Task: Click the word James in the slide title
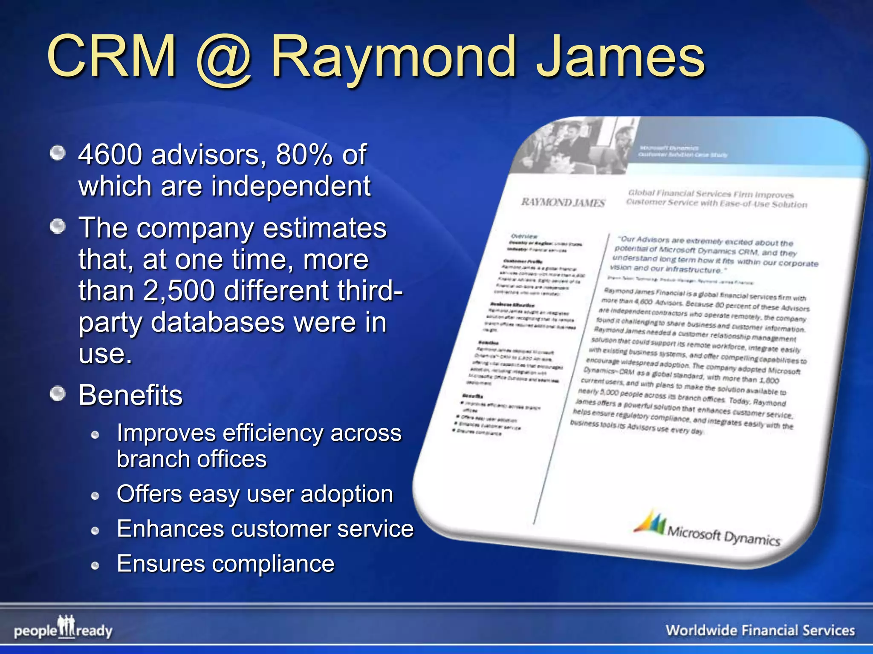click(x=620, y=57)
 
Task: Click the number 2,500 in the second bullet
click(x=179, y=290)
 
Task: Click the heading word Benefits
click(x=130, y=395)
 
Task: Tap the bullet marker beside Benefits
click(x=58, y=394)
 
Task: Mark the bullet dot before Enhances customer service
click(x=95, y=531)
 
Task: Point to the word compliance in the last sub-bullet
click(x=273, y=564)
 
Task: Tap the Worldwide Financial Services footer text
click(x=760, y=630)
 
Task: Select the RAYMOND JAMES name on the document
click(x=563, y=202)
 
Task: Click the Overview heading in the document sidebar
click(x=524, y=236)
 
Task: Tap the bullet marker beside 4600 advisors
click(x=58, y=153)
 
